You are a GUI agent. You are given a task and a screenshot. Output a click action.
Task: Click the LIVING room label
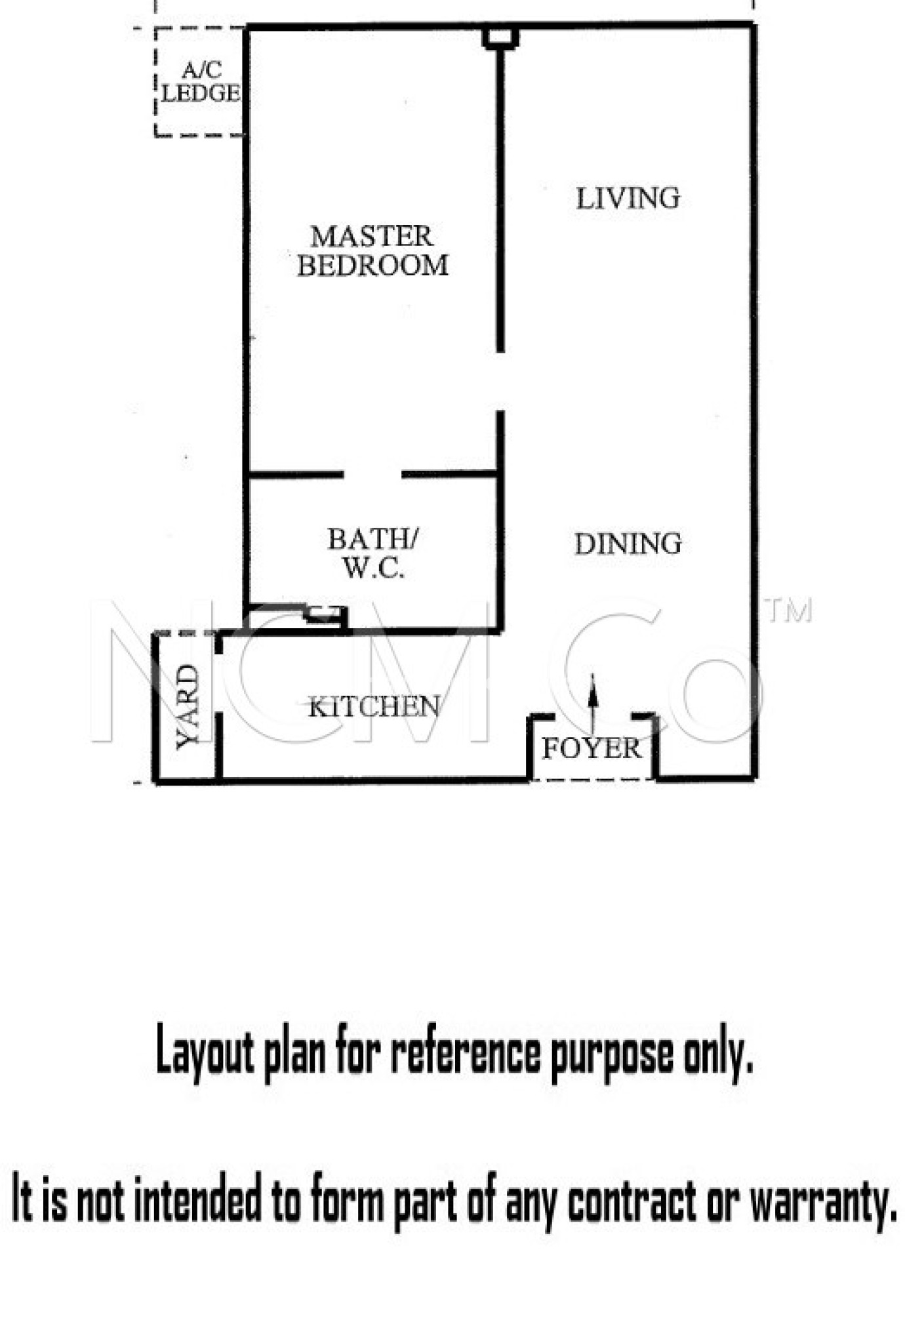coord(628,198)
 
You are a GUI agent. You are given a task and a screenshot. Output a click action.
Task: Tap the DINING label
coord(628,544)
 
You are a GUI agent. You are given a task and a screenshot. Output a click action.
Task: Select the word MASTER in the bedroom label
coord(372,236)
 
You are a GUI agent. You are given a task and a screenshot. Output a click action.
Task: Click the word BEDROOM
coord(372,266)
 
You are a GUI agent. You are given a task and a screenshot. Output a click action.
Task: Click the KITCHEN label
coord(374,707)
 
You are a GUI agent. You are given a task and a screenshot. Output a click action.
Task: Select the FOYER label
coord(591,748)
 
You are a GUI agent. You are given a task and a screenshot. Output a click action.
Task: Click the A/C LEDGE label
coord(201,82)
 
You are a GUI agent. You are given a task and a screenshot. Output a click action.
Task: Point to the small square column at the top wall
coord(500,38)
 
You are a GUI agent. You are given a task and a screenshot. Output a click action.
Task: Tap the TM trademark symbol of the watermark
coord(790,611)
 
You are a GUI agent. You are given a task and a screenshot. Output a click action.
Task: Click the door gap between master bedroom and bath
coord(372,474)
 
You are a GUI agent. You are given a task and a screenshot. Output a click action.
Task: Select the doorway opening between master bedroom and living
coord(500,382)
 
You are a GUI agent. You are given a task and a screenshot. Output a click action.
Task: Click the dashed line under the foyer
coord(592,780)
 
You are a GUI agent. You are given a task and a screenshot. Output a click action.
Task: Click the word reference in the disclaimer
coord(466,1054)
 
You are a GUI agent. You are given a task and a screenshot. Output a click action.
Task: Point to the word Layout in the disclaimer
coord(205,1054)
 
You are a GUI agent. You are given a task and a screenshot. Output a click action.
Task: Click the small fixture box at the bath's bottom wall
coord(326,614)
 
